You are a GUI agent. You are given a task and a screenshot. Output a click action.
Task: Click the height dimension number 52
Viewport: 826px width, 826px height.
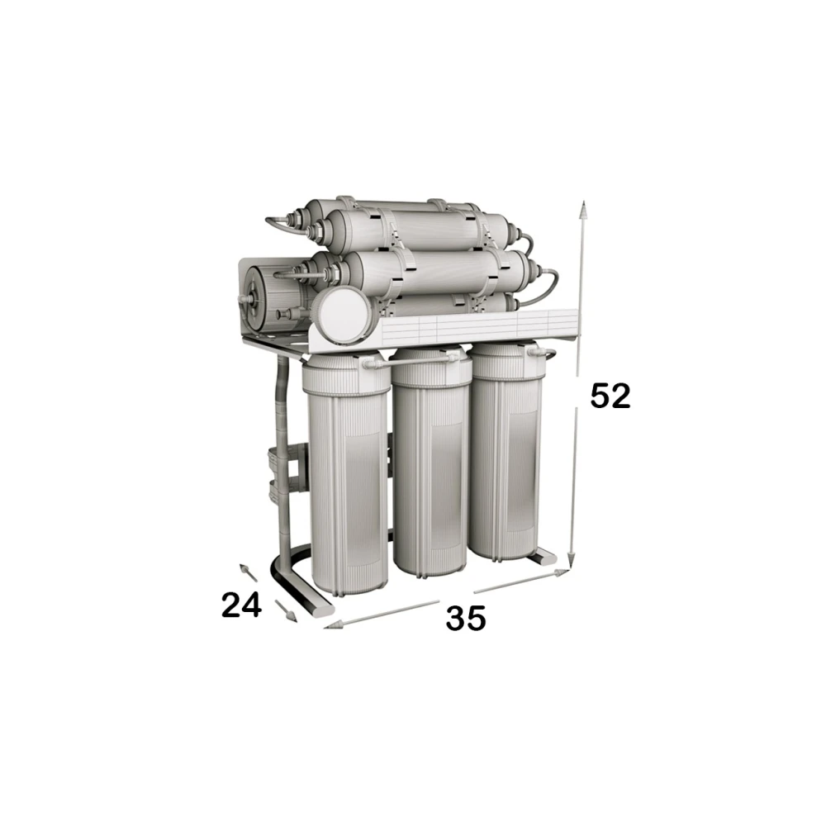click(x=610, y=396)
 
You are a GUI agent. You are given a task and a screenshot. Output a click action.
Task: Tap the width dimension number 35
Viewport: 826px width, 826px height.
click(x=466, y=618)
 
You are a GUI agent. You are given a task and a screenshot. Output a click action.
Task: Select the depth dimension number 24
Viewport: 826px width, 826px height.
click(x=241, y=605)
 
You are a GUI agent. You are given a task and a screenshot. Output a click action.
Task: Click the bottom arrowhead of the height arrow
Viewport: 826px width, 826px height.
click(x=572, y=560)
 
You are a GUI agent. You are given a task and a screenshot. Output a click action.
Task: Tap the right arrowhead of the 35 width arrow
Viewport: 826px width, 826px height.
click(x=562, y=572)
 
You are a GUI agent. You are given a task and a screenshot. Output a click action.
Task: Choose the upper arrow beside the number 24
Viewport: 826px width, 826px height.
click(x=248, y=572)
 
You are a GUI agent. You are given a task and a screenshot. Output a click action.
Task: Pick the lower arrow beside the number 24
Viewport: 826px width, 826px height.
click(x=286, y=610)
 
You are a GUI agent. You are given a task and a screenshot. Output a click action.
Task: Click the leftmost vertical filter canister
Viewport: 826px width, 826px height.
click(x=344, y=475)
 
